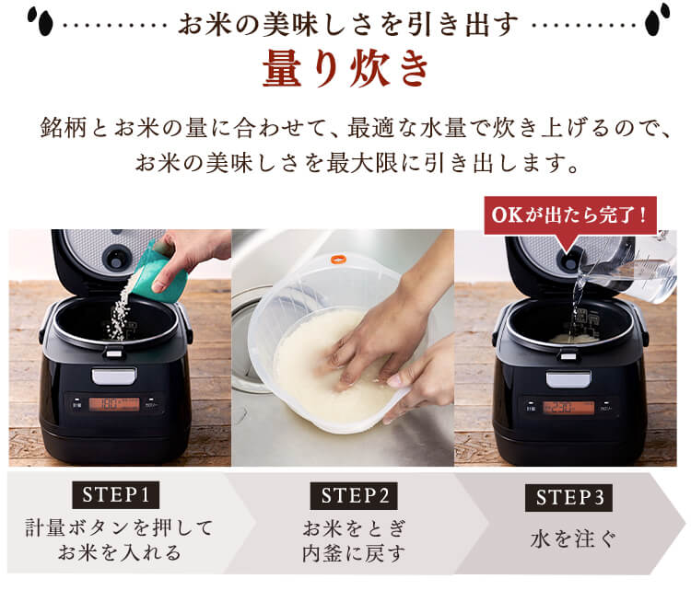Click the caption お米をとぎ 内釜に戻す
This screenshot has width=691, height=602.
353,540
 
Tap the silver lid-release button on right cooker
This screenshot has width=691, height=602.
568,379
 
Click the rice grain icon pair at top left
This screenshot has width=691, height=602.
37,17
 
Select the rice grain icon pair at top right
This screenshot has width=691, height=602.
658,17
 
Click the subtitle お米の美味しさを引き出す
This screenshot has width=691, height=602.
346,20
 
